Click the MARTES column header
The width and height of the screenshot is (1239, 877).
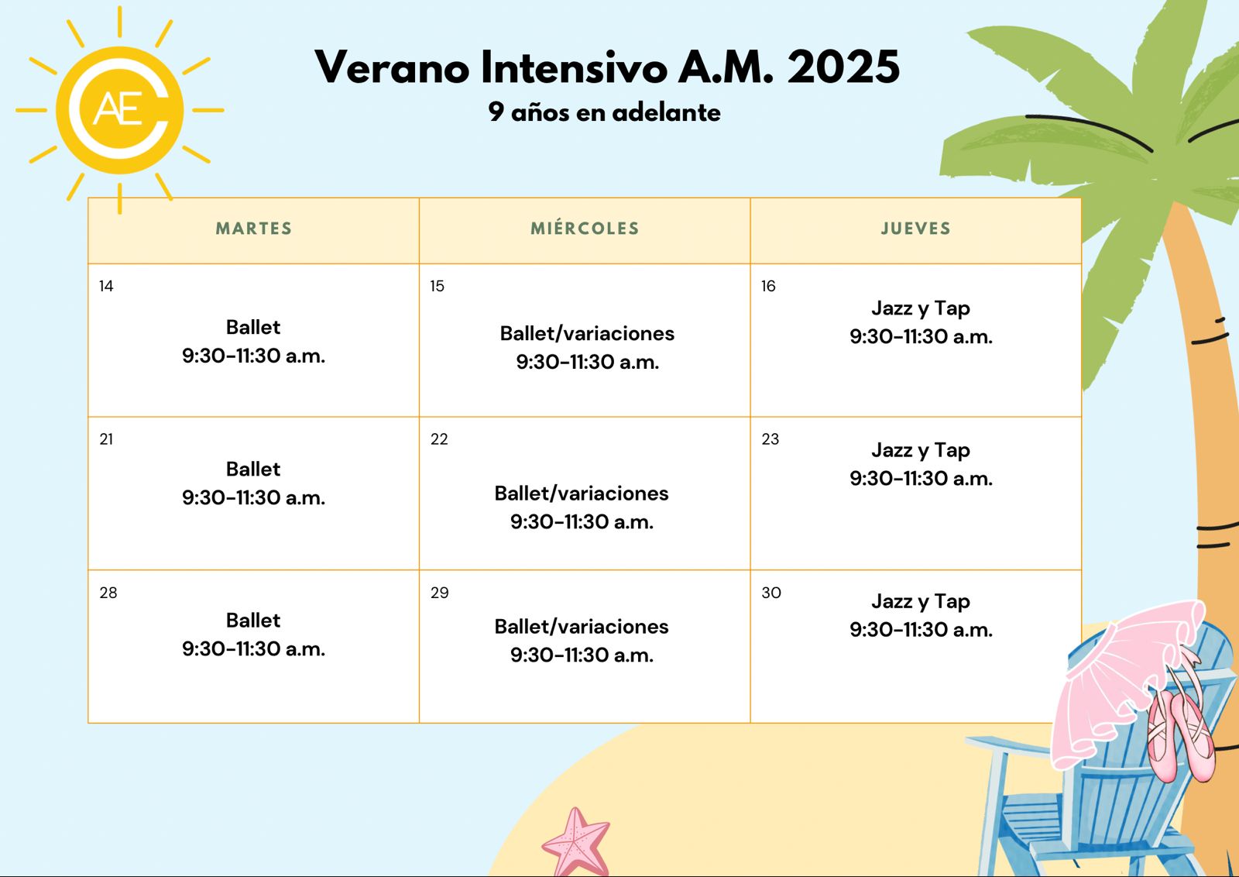254,229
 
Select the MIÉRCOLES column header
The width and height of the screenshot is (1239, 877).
585,228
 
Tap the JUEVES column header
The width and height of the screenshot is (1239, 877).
916,229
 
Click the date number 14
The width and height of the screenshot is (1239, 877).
106,286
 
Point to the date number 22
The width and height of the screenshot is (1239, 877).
439,439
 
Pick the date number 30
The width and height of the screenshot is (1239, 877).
771,593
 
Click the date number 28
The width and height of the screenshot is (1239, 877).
108,593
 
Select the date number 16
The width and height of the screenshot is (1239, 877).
768,286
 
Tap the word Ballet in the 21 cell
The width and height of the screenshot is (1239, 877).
253,469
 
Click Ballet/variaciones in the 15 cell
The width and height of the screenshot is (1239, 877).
587,334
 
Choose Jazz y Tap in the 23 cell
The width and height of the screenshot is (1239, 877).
921,451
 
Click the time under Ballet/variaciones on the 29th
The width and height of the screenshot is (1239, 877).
582,655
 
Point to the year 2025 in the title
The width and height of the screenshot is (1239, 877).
843,67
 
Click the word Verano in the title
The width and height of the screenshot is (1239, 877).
392,67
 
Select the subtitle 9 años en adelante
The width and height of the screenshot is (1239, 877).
605,112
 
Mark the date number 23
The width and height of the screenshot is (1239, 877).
770,439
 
